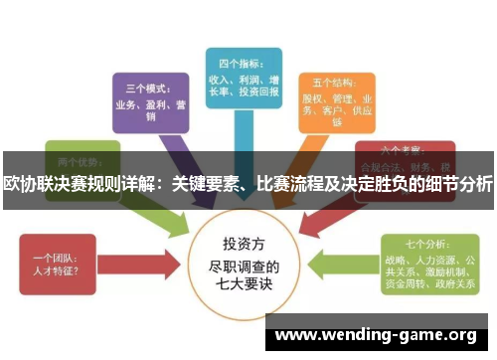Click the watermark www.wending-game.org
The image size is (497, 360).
[x=382, y=334]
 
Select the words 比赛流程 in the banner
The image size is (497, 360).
[x=288, y=184]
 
